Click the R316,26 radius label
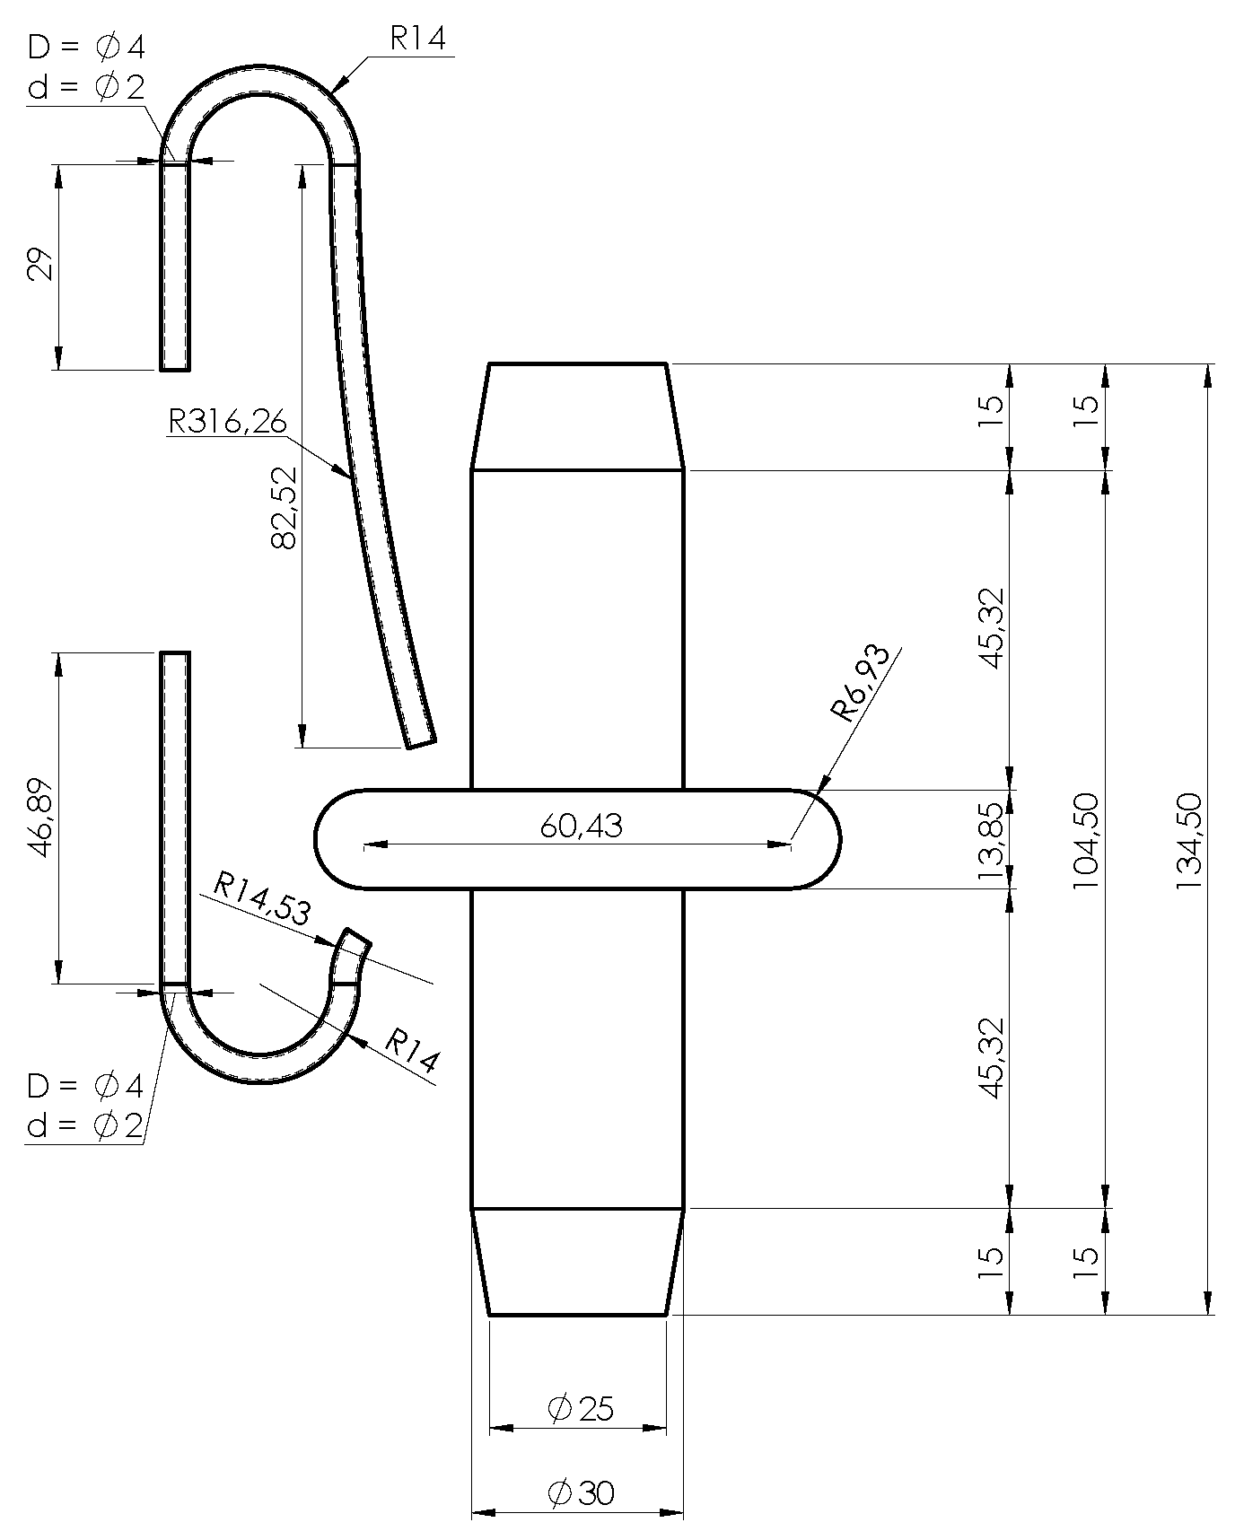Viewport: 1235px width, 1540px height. click(227, 421)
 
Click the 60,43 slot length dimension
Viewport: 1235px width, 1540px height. click(582, 826)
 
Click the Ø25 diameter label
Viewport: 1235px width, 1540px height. click(581, 1410)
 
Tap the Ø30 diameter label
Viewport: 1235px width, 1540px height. click(581, 1493)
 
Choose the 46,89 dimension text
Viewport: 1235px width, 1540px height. click(43, 818)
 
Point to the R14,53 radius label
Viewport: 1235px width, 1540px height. click(261, 900)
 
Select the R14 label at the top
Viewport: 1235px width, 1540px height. click(417, 39)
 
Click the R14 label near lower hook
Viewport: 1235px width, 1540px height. click(412, 1050)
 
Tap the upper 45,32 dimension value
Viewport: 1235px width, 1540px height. click(990, 628)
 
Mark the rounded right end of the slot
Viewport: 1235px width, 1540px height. click(821, 839)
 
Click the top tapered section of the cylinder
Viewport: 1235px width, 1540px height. click(577, 416)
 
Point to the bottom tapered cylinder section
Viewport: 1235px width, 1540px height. click(577, 1261)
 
